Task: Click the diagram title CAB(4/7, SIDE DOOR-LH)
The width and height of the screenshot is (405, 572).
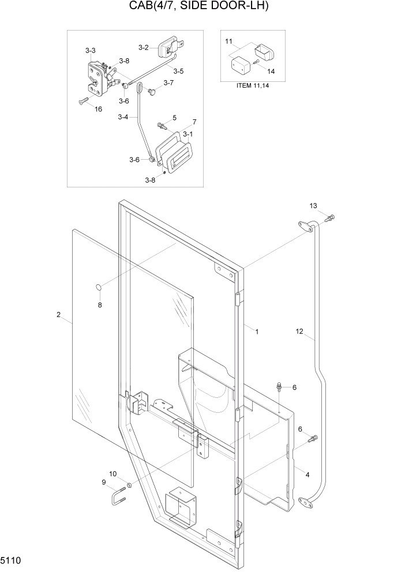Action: (203, 9)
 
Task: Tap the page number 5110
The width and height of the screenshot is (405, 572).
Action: (13, 560)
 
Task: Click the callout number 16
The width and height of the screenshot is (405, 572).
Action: (98, 108)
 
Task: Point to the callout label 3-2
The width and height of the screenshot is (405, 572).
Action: (144, 47)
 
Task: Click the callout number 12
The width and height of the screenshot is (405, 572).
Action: (299, 331)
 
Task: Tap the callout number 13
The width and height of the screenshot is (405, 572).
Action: (313, 206)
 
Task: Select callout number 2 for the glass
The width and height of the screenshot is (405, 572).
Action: (58, 314)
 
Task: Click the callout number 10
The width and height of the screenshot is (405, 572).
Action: (112, 473)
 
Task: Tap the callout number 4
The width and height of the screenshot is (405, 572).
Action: (307, 475)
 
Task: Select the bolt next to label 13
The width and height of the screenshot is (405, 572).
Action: (330, 218)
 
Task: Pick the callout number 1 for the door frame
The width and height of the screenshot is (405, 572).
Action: (257, 332)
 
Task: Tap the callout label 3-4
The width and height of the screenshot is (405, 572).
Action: (123, 117)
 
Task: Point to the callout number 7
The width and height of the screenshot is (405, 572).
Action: (194, 122)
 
